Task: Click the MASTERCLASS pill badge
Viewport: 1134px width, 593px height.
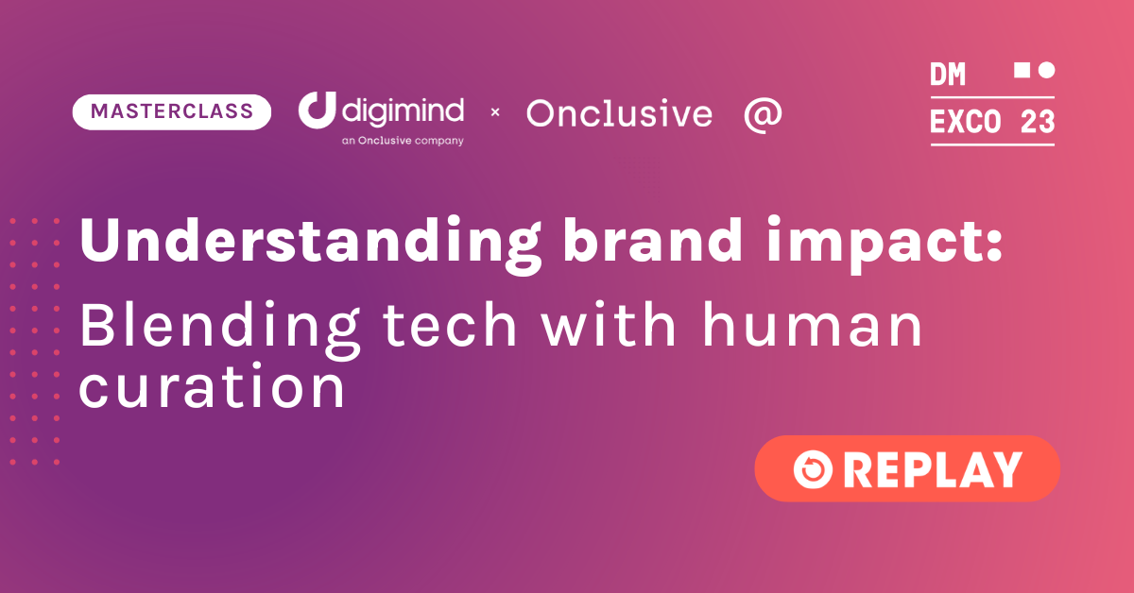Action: tap(172, 111)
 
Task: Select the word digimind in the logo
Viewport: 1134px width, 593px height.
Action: tap(403, 110)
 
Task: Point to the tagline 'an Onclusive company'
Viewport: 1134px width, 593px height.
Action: tap(403, 141)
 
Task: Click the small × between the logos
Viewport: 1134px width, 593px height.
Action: tap(495, 111)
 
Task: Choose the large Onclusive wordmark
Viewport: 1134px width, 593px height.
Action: tap(619, 113)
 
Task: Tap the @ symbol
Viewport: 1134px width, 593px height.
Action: tap(763, 115)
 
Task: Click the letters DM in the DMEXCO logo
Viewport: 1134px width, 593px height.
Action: tap(948, 75)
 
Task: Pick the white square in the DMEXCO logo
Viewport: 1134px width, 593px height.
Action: tap(1022, 70)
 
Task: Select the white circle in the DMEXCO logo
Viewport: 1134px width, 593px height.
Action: tap(1046, 70)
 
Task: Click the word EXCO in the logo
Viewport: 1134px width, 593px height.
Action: tap(966, 122)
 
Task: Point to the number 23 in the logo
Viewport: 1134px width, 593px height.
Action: tap(1038, 122)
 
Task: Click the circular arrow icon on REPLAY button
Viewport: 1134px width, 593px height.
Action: tap(813, 469)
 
